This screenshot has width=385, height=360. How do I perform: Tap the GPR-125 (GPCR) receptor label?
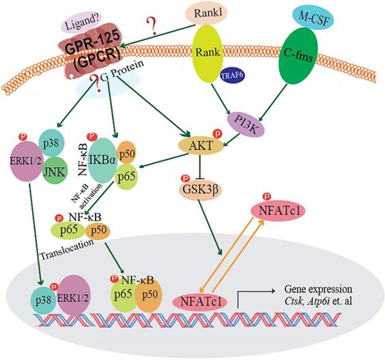point(89,50)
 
